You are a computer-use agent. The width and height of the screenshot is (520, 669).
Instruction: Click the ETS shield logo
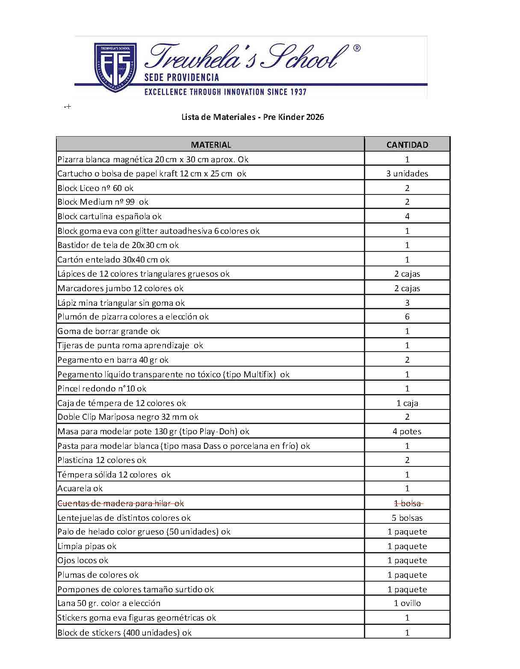pyautogui.click(x=115, y=67)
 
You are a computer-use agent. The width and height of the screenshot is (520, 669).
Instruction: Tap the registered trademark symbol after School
pyautogui.click(x=357, y=48)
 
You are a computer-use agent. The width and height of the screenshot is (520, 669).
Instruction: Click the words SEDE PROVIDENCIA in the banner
pyautogui.click(x=182, y=78)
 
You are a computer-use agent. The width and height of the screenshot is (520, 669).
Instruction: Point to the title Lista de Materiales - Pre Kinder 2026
pyautogui.click(x=253, y=117)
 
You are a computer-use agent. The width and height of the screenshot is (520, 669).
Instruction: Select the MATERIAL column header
pyautogui.click(x=211, y=145)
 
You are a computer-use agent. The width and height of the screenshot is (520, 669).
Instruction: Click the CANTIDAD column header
pyautogui.click(x=407, y=145)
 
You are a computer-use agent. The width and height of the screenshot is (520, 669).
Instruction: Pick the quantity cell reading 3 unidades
pyautogui.click(x=407, y=173)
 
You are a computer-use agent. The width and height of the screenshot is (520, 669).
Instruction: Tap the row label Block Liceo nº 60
pyautogui.click(x=95, y=188)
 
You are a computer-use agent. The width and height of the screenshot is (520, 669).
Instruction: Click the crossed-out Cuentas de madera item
pyautogui.click(x=121, y=503)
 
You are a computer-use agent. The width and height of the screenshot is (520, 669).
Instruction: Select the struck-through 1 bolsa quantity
pyautogui.click(x=407, y=503)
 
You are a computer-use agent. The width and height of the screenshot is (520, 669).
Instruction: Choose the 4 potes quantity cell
pyautogui.click(x=407, y=431)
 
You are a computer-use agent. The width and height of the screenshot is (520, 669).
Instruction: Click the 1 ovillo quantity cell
pyautogui.click(x=407, y=603)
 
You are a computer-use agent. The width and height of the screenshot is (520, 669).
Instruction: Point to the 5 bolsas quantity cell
pyautogui.click(x=407, y=518)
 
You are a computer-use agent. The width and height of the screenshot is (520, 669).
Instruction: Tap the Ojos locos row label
pyautogui.click(x=83, y=560)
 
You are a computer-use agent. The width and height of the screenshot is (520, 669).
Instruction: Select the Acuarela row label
pyautogui.click(x=80, y=488)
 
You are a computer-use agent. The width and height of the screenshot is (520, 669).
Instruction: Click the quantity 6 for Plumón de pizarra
pyautogui.click(x=407, y=317)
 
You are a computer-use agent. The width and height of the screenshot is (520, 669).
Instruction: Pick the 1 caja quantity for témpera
pyautogui.click(x=407, y=403)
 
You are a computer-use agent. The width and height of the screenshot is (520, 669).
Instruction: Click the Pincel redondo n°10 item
pyautogui.click(x=102, y=388)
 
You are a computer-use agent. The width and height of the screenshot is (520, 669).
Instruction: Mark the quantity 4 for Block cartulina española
pyautogui.click(x=407, y=216)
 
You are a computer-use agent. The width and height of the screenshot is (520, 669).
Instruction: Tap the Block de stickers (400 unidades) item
pyautogui.click(x=124, y=632)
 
